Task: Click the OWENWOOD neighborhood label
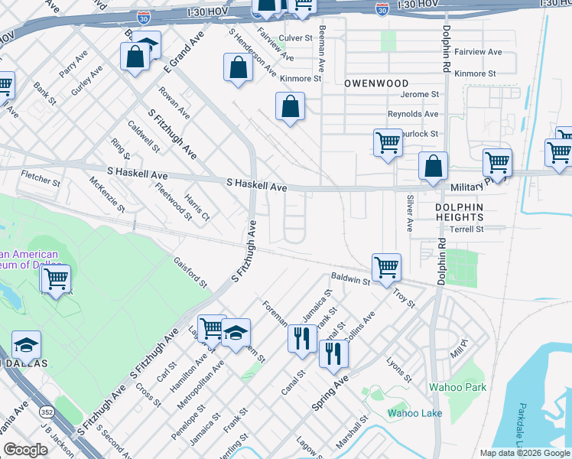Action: (375, 83)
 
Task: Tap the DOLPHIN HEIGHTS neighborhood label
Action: (460, 212)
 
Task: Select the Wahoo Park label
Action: (457, 387)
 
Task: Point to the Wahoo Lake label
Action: (415, 413)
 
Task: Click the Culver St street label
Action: (296, 37)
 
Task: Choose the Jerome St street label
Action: (424, 95)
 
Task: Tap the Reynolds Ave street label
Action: (413, 114)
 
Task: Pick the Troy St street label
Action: (403, 298)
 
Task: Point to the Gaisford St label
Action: (190, 272)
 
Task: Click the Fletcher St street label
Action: (41, 177)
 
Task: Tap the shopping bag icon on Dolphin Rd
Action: (433, 165)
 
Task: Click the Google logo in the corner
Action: (25, 450)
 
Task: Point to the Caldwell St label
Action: (144, 135)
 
